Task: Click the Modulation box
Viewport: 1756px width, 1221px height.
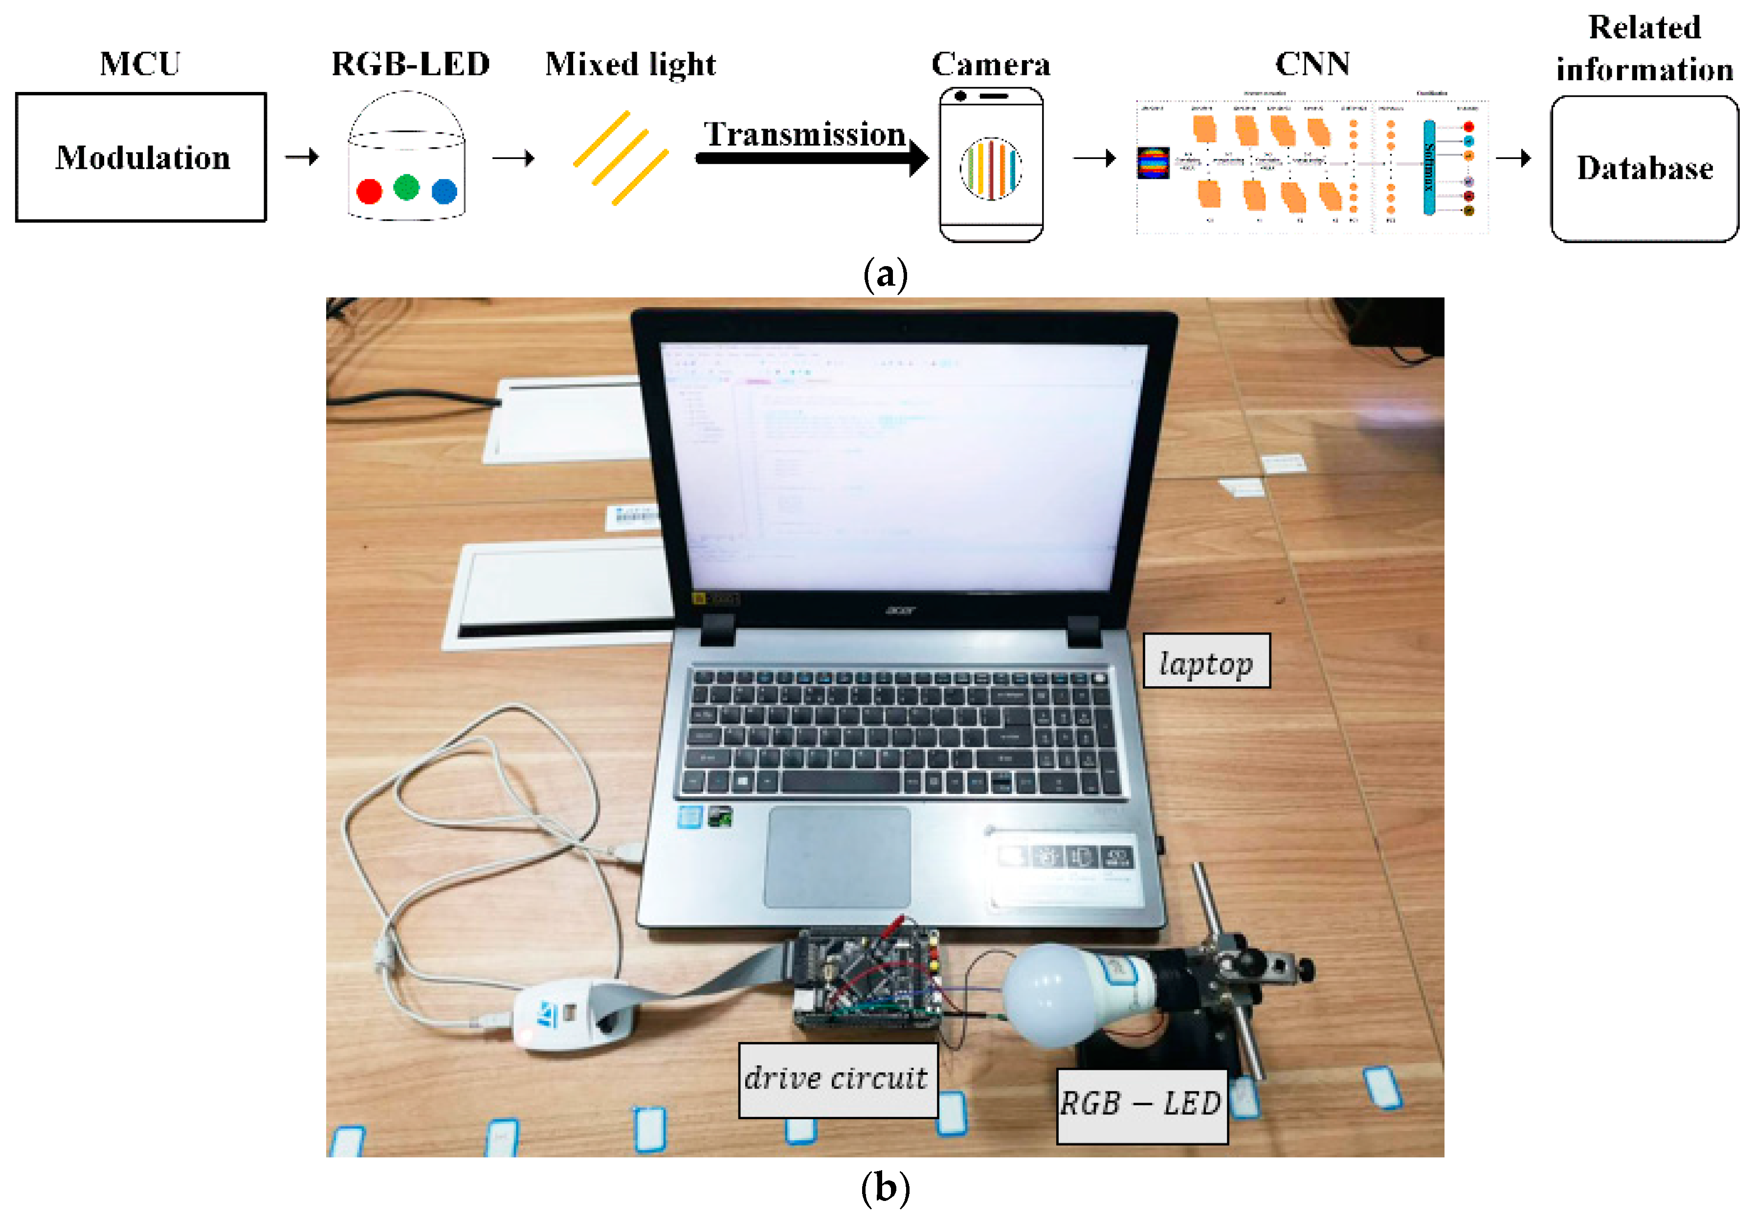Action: coord(141,158)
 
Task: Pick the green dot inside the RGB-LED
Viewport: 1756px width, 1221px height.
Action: coord(406,187)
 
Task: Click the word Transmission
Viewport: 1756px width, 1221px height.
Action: coord(804,134)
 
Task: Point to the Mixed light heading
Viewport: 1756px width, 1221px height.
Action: coord(630,64)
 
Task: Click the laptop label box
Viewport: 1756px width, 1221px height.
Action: coord(1205,661)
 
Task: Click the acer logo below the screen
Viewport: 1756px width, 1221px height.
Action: coord(900,610)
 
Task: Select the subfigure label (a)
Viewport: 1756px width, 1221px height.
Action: coord(885,274)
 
